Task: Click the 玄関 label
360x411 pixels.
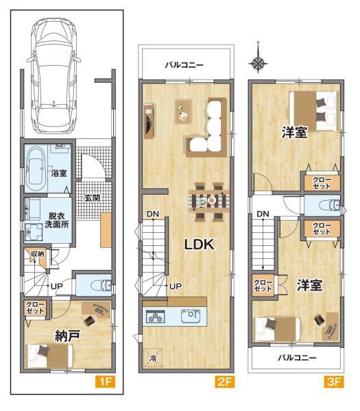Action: click(x=92, y=198)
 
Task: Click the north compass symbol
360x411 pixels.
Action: click(x=258, y=64)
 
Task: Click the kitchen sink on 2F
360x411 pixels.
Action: click(x=189, y=316)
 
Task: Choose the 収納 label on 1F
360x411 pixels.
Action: click(x=37, y=254)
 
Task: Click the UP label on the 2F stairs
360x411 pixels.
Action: click(x=176, y=286)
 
